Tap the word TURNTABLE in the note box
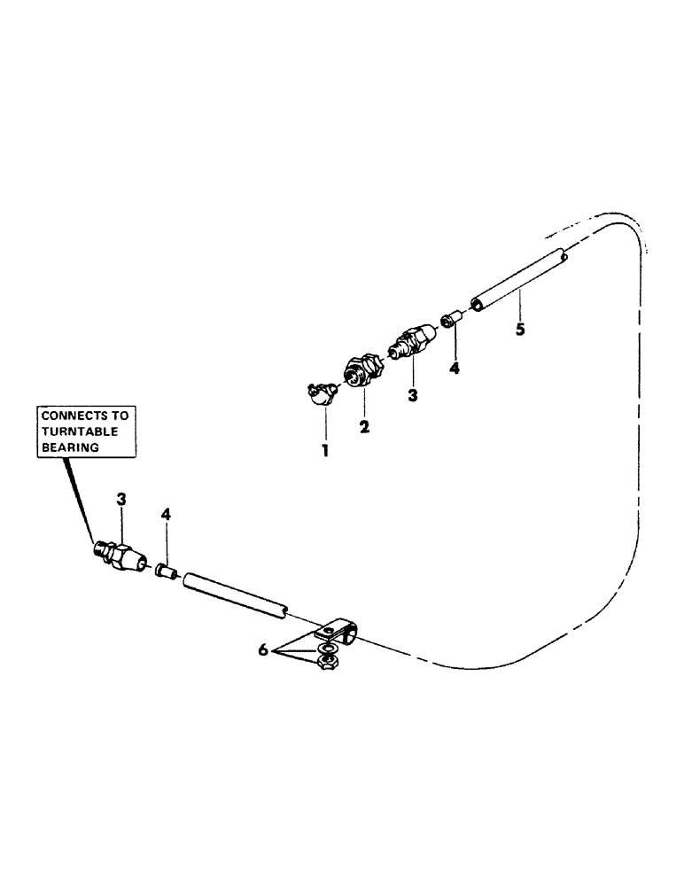(78, 431)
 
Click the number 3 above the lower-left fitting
(121, 501)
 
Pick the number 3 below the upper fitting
(412, 395)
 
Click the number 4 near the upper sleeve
(455, 367)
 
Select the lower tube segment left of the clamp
(234, 595)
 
